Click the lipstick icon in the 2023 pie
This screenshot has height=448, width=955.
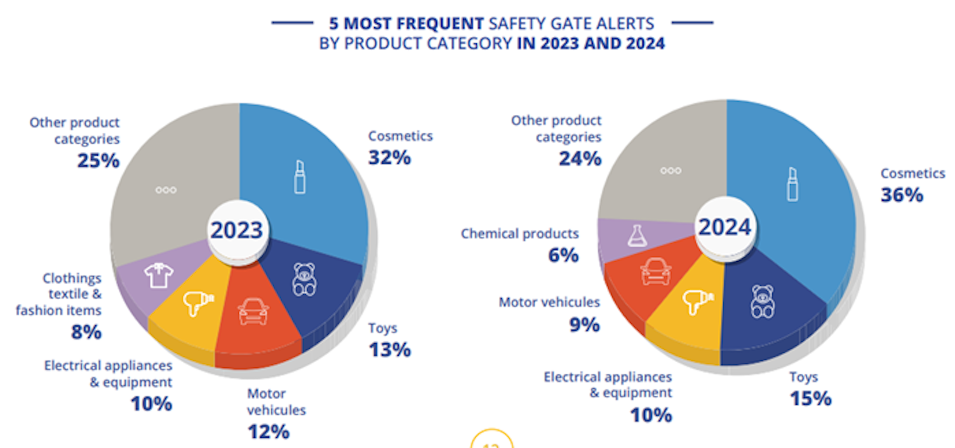point(300,177)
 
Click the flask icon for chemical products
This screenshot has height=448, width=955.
point(636,236)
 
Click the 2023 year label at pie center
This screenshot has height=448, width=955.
point(236,230)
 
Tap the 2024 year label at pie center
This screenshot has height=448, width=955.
point(725,227)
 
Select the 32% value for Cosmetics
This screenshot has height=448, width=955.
point(389,157)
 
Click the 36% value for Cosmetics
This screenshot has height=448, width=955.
point(901,194)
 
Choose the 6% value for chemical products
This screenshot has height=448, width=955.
point(563,255)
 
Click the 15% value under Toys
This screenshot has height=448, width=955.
point(810,398)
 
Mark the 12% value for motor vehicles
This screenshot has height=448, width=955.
point(268,431)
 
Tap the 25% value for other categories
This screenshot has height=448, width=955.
point(98,160)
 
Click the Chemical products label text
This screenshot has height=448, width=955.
point(519,234)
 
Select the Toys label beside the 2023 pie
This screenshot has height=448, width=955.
point(383,329)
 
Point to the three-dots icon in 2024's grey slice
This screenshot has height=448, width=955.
point(671,171)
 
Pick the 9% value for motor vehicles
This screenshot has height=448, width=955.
point(584,324)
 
